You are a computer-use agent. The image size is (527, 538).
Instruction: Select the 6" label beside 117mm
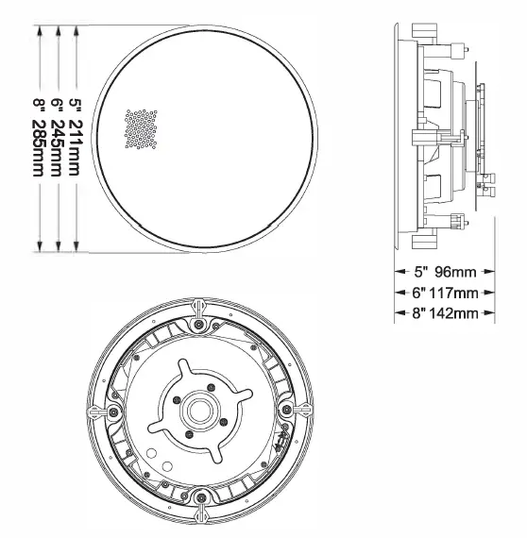(416, 293)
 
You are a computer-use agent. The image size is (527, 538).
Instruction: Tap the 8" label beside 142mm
(416, 312)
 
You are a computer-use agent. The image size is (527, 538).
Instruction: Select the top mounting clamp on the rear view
(199, 309)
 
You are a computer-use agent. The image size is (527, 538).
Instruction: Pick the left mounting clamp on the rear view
(99, 412)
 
